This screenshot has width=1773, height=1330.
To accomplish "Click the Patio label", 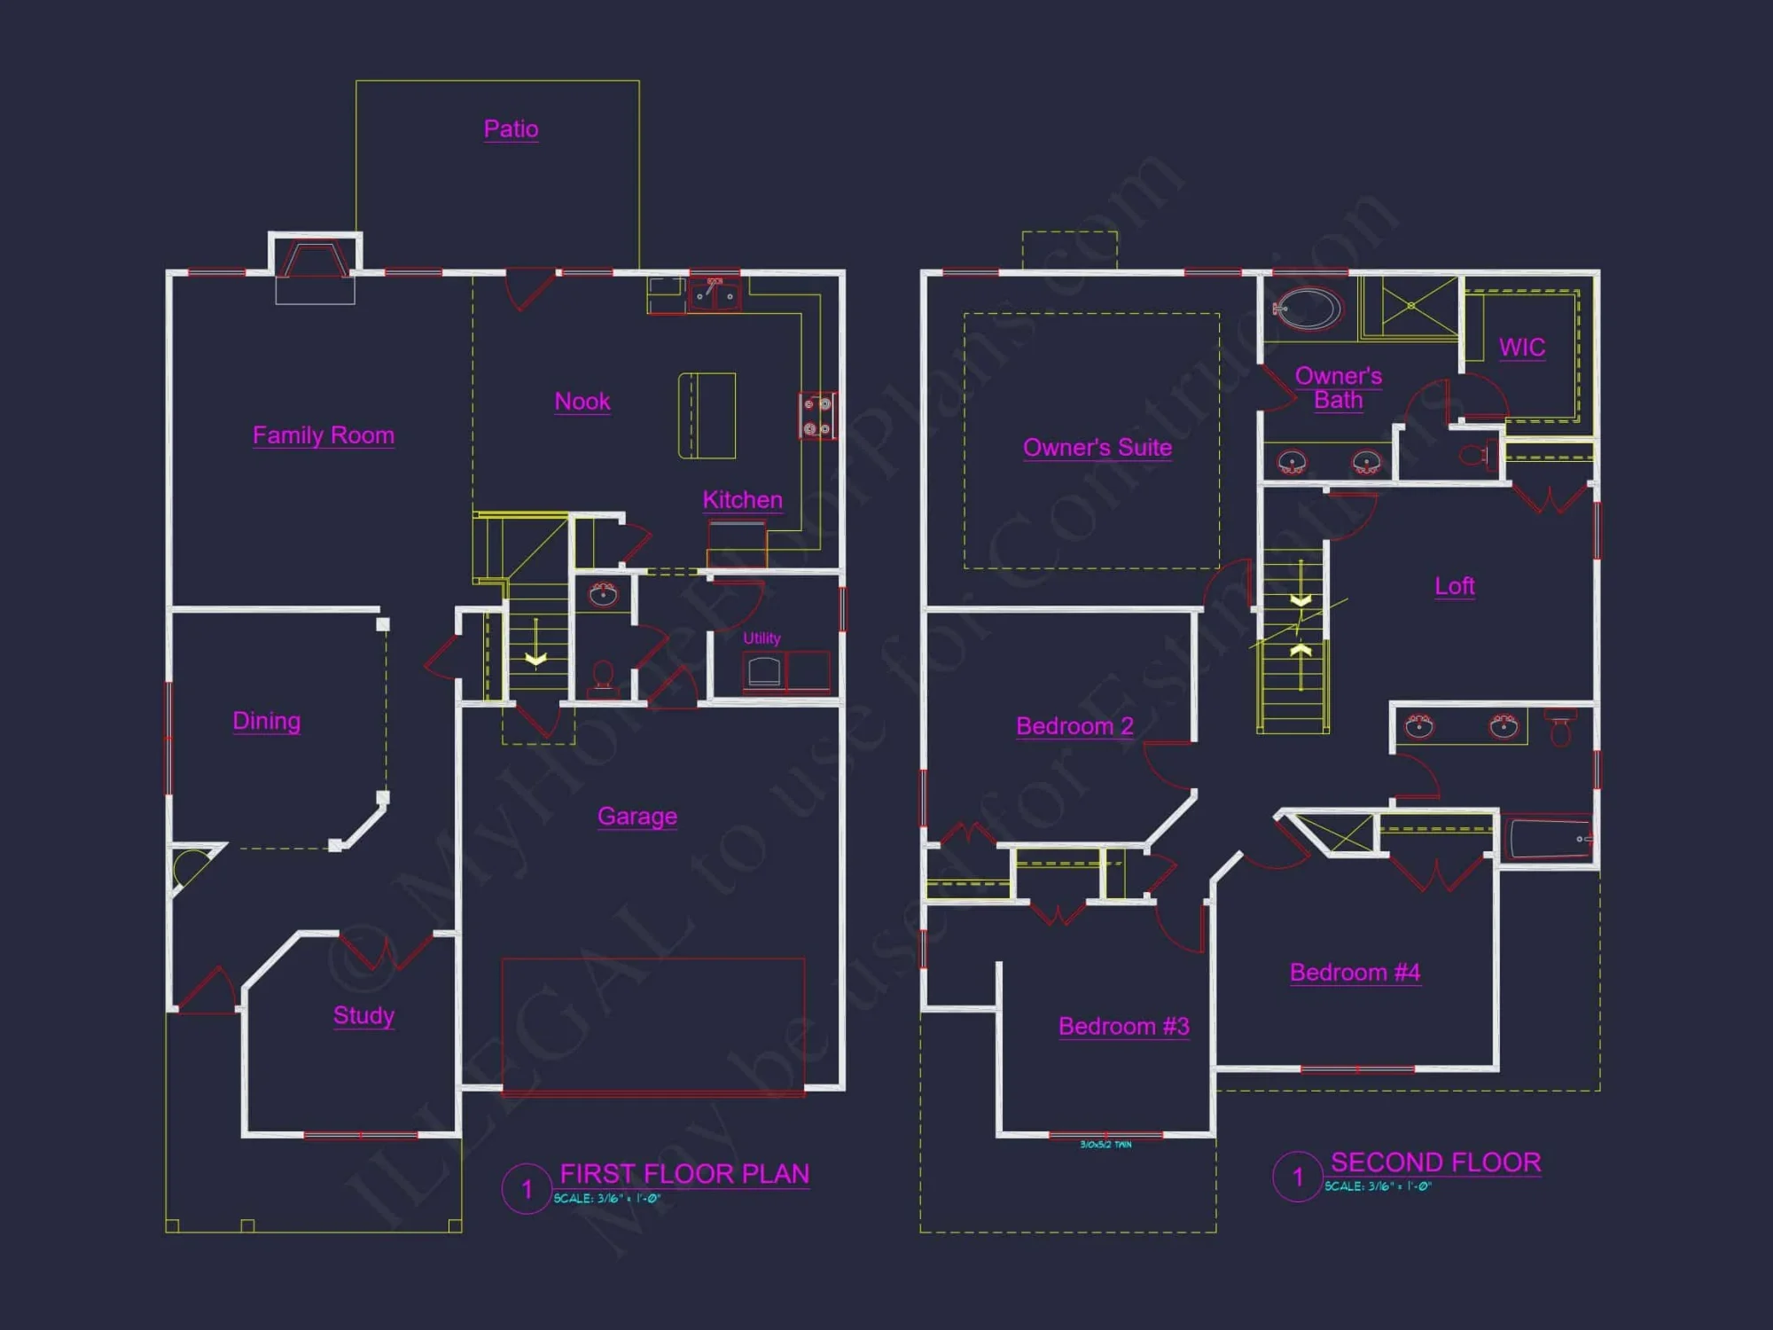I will point(511,129).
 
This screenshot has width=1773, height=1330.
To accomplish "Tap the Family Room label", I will point(324,435).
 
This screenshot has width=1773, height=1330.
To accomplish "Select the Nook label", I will point(582,402).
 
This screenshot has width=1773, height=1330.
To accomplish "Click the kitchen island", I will point(707,415).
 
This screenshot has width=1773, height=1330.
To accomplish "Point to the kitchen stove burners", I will point(816,416).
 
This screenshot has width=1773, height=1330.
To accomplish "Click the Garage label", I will point(637,816).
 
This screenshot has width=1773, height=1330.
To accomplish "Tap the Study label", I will point(363,1015).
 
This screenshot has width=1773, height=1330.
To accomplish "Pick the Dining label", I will point(266,721).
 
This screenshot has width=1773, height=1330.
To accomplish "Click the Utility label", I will point(762,638).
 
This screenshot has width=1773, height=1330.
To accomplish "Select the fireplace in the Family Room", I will point(315,261).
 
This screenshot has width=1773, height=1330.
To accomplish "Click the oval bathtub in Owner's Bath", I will point(1308,309).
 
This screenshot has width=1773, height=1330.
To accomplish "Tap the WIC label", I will point(1522,348).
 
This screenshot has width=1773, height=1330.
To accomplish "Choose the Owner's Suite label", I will point(1097,448).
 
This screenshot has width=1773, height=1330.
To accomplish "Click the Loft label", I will point(1455,586).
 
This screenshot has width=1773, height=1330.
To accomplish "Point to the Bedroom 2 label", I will point(1074,726).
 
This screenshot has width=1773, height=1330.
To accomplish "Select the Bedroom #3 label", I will point(1123,1026).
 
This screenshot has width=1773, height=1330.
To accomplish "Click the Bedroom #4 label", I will point(1355,973).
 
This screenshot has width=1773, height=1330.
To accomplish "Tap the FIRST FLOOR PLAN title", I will point(684,1174).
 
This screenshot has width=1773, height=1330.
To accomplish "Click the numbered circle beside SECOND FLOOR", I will point(1298,1177).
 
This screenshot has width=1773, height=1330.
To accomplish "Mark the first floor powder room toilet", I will point(604,676).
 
